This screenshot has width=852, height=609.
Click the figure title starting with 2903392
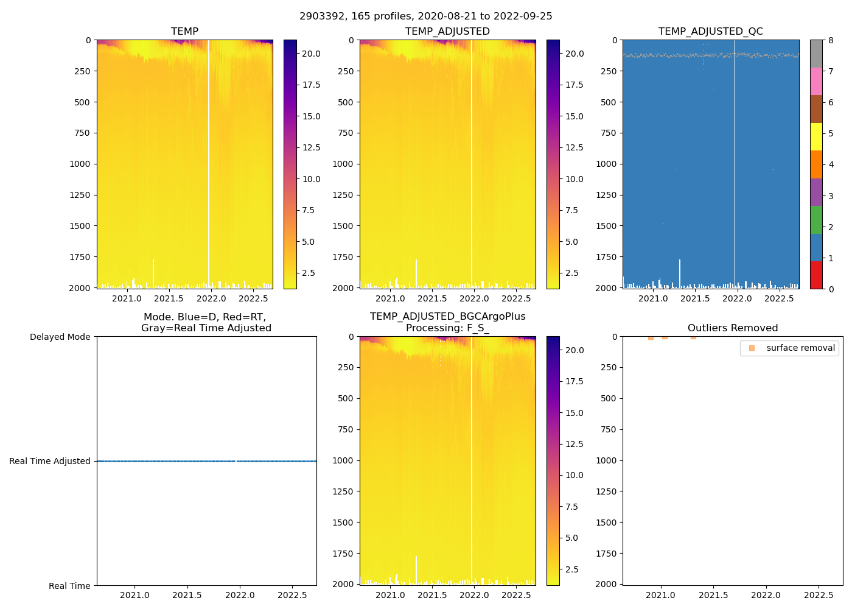425,16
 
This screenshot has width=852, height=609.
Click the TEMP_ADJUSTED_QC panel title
710,32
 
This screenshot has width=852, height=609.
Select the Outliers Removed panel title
732,328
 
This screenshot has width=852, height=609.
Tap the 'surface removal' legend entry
800,348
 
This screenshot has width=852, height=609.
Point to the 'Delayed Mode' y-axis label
60,337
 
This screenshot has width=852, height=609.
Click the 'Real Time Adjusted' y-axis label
50,461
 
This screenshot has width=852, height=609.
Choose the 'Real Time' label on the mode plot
69,586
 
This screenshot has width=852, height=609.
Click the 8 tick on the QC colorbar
831,40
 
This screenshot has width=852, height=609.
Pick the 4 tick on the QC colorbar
831,164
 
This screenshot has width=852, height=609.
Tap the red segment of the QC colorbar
816,275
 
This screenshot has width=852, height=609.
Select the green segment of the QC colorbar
816,219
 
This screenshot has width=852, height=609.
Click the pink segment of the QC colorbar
816,81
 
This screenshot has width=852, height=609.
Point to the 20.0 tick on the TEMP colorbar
311,54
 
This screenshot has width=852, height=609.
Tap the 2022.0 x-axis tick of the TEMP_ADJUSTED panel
474,298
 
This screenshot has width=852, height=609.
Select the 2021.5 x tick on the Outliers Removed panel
713,595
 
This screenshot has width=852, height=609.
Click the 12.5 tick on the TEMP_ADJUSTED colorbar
574,147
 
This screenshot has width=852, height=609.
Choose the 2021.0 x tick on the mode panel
134,595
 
